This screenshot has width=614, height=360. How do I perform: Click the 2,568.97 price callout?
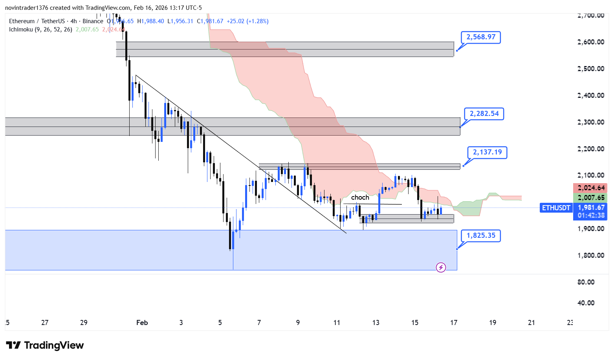coord(480,37)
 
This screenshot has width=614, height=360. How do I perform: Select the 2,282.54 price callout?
coord(484,114)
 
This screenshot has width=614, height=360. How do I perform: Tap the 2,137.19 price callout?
coord(487,152)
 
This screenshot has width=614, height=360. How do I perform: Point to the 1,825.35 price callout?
coord(480,235)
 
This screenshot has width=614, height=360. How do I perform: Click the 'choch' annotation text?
coord(360,197)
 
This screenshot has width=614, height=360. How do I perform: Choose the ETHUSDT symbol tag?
coord(556,208)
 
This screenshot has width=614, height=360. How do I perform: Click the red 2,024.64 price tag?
coord(591,188)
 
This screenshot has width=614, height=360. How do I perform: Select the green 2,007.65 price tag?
coord(591,198)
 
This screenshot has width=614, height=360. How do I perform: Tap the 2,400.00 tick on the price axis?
coord(590,95)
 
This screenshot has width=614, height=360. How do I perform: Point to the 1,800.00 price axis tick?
coord(590,255)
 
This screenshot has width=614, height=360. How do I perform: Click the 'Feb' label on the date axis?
coord(142,323)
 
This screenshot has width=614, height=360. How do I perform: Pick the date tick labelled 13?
coord(376,323)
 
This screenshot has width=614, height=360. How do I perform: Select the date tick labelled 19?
coord(492,323)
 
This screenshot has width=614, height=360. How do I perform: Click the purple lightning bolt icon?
coord(441,268)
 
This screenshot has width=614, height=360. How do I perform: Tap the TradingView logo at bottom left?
coord(45,345)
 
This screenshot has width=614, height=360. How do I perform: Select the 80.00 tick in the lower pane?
coord(586,282)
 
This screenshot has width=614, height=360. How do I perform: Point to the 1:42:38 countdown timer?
coord(591,215)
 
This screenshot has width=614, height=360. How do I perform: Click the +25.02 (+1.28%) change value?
coord(247,21)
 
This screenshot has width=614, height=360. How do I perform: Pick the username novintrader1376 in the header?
coord(26,8)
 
